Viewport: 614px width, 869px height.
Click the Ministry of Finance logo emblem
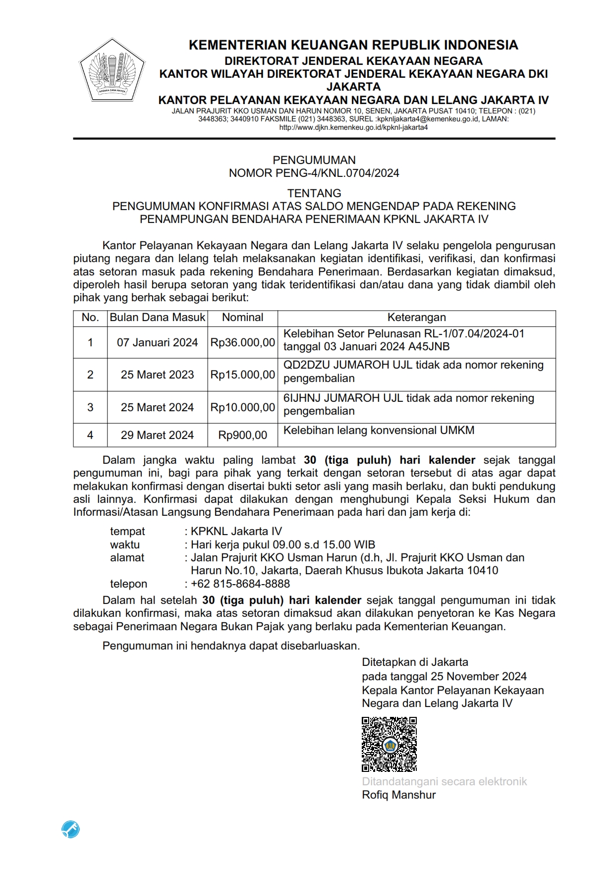point(111,71)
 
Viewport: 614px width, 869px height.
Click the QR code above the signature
point(389,744)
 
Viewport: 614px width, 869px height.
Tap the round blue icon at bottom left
point(71,829)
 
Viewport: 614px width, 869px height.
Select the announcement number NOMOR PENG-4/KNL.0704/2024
point(314,173)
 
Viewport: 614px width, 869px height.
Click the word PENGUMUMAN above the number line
point(314,160)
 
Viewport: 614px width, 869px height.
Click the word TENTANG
point(314,193)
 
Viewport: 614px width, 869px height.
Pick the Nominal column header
point(242,318)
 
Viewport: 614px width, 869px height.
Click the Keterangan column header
point(416,318)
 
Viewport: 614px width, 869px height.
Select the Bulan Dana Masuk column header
point(157,318)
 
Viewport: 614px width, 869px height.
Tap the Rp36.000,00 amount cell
point(242,342)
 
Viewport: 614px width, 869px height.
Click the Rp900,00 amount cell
point(242,435)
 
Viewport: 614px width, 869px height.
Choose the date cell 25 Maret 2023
point(157,375)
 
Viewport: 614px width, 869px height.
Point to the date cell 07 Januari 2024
point(157,342)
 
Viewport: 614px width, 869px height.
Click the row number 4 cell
point(90,435)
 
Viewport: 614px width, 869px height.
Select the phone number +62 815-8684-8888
point(240,584)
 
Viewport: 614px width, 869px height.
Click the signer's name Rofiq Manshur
point(398,795)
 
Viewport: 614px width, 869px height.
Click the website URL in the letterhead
point(353,127)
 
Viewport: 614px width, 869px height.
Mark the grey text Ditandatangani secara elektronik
point(444,781)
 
